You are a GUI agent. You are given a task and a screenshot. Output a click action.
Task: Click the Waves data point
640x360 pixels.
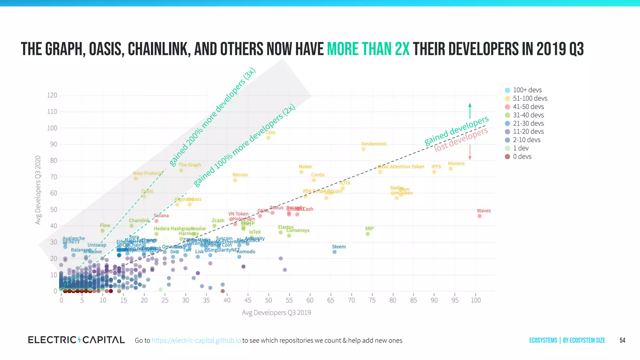tap(479, 216)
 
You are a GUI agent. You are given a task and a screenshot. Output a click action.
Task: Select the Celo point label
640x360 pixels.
tap(270, 132)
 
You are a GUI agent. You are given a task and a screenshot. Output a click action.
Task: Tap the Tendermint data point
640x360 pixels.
tap(363, 149)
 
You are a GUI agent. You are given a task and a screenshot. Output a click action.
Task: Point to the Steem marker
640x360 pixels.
tap(334, 252)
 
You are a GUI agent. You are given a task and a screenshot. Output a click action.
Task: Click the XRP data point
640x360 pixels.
tap(367, 234)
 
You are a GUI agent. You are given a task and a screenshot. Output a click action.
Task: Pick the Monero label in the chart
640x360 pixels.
tap(456, 163)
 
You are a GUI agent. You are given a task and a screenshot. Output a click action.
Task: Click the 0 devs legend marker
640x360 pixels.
tap(507, 157)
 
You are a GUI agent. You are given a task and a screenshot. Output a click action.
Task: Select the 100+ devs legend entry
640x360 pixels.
tap(527, 90)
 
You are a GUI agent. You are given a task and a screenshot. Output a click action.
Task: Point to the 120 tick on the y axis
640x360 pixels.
tap(52, 95)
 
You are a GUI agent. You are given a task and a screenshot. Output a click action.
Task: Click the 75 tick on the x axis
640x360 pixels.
tap(372, 300)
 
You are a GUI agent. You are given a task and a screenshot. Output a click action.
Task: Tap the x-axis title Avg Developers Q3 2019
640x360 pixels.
tap(276, 312)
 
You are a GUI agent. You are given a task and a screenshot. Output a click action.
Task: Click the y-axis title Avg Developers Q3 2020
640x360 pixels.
tap(38, 190)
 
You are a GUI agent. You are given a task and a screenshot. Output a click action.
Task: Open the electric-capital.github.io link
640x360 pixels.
tap(196, 340)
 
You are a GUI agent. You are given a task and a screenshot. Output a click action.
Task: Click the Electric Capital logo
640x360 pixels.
tap(76, 340)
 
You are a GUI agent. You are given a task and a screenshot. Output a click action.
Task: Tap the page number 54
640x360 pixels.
tap(622, 340)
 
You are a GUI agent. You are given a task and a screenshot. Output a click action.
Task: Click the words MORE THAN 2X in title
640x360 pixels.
tap(368, 49)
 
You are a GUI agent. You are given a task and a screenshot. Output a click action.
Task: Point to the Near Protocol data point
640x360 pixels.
tap(136, 179)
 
